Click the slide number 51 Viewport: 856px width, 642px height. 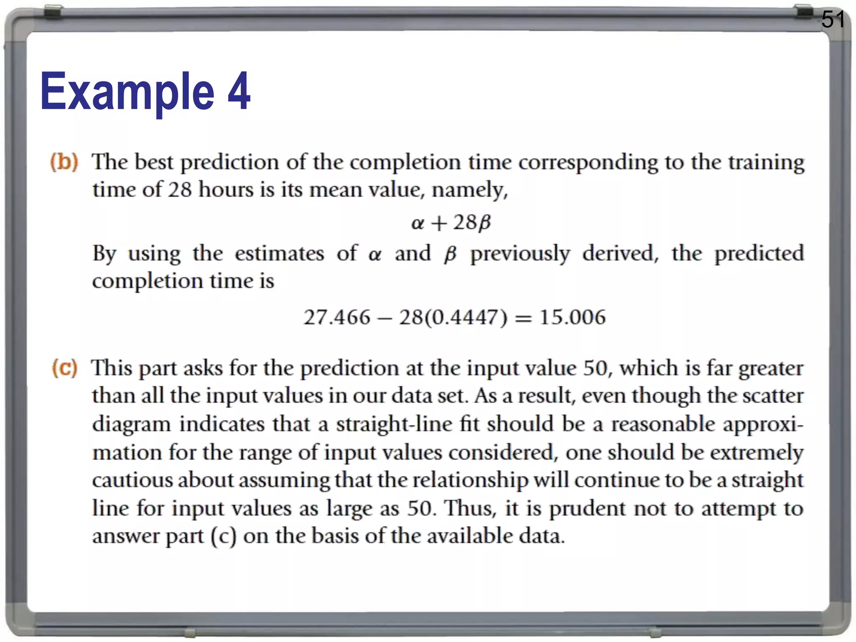click(833, 20)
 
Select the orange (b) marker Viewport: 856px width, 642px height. click(64, 162)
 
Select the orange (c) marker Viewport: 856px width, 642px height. click(64, 368)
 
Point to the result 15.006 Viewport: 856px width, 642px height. click(572, 317)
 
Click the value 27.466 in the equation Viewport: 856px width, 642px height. click(337, 317)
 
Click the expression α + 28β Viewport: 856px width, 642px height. click(451, 222)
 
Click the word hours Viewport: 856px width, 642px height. click(226, 190)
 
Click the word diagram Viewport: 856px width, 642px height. click(131, 425)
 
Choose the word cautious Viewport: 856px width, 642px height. click(132, 480)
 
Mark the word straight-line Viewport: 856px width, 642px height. click(394, 425)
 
